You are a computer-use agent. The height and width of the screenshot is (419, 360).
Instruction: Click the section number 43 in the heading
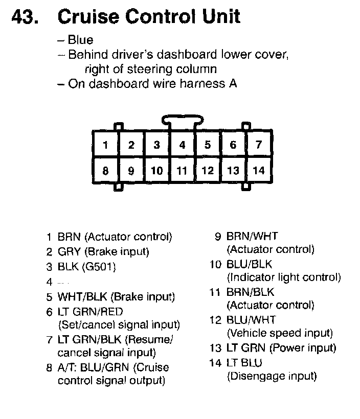click(x=24, y=16)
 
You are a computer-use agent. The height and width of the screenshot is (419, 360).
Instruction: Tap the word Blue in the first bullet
click(x=80, y=40)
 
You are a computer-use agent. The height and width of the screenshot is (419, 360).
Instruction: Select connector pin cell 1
click(x=105, y=145)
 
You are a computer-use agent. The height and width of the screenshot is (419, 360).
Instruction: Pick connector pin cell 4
click(x=182, y=145)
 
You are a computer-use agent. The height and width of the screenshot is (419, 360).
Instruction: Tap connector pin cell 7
click(x=259, y=145)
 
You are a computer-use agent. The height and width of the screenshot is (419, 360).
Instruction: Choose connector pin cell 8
click(x=105, y=171)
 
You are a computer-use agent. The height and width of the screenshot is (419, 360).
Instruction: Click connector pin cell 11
click(x=182, y=171)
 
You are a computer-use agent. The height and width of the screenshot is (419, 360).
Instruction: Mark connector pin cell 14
click(x=259, y=171)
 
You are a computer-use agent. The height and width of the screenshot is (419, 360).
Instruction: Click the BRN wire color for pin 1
click(x=70, y=237)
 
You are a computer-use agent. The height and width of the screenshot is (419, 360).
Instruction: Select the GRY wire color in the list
click(x=70, y=251)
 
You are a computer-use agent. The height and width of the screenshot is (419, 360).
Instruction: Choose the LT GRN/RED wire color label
click(x=90, y=311)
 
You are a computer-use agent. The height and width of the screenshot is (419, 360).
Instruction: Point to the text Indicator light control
click(x=284, y=278)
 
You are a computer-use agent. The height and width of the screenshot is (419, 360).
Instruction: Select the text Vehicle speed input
click(x=280, y=334)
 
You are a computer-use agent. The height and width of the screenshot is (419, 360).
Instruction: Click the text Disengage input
click(x=272, y=377)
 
